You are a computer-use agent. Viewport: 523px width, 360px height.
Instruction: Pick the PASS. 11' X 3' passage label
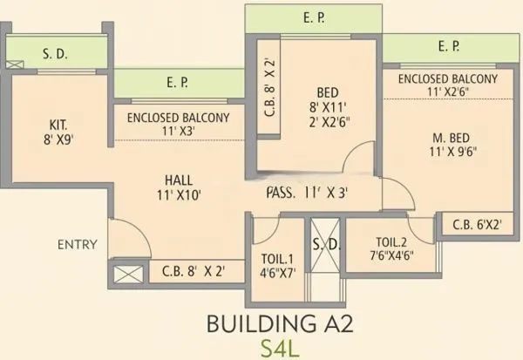[x=308, y=194]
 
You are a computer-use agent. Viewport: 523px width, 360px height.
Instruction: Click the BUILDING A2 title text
[x=278, y=323]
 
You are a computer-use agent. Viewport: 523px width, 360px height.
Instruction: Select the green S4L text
[x=278, y=348]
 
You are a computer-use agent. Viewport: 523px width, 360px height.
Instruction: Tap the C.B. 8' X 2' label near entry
[x=194, y=272]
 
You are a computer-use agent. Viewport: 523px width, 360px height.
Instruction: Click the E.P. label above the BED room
[x=313, y=16]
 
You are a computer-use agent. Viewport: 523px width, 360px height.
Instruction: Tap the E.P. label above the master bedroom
[x=449, y=45]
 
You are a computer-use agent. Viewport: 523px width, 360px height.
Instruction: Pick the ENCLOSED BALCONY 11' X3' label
[x=178, y=126]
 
